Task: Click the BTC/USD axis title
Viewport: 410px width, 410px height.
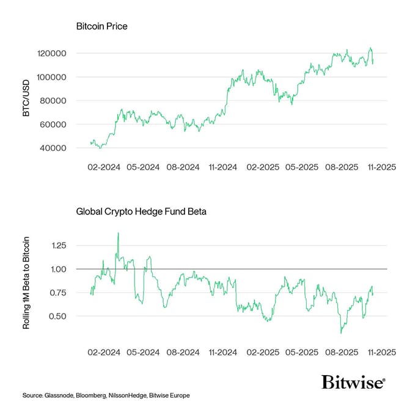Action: [x=26, y=101]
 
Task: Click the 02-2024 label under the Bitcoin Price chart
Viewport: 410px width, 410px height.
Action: [x=104, y=167]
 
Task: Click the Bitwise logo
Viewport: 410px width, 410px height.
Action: [x=354, y=383]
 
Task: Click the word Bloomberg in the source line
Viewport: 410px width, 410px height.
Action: [x=91, y=396]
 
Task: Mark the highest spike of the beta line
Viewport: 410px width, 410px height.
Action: [x=118, y=233]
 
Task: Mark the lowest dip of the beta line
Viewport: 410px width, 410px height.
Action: [x=341, y=332]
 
